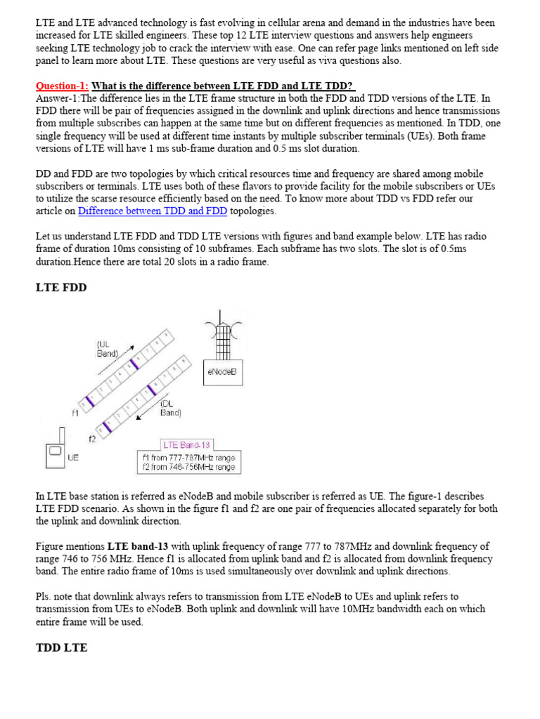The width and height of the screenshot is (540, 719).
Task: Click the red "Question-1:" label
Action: click(63, 86)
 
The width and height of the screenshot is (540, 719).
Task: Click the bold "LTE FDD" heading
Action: click(61, 287)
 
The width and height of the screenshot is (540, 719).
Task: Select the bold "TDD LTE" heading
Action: click(61, 647)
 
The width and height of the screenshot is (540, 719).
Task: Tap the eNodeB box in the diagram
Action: click(224, 373)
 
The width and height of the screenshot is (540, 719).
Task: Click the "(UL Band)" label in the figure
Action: click(108, 349)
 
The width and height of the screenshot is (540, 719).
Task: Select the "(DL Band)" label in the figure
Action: click(170, 408)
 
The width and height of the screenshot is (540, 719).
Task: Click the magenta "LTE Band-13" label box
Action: click(186, 444)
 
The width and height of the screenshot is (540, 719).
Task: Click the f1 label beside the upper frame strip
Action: click(75, 414)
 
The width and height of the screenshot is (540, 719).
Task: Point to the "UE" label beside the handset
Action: click(73, 456)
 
